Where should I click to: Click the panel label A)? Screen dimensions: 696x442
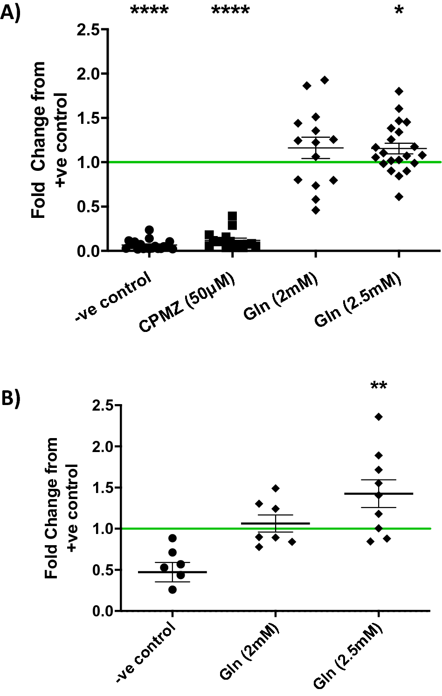point(10,13)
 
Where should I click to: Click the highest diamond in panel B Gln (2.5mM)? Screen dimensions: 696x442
point(379,417)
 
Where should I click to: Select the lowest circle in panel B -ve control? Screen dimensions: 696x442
point(173,590)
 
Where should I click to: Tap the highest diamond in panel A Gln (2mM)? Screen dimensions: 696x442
point(325,80)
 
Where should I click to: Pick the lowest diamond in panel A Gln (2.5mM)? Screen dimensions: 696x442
point(399,197)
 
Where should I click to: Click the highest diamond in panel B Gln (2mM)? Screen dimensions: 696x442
point(276,488)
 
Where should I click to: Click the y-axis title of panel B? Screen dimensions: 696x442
point(60,508)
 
